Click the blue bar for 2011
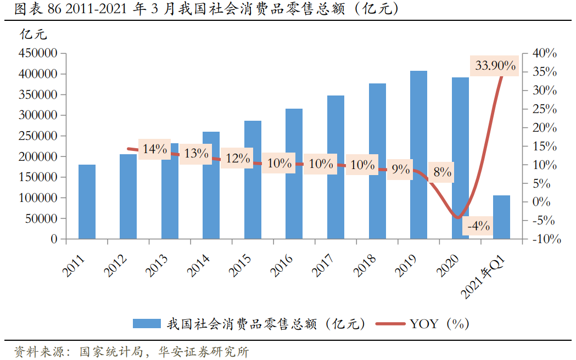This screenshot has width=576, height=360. pos(87,201)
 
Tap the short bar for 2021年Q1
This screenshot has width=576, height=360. pos(501,217)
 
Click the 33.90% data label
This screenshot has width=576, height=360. pos(495,66)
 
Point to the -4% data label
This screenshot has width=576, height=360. pos(478,226)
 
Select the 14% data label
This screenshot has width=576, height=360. pos(154,149)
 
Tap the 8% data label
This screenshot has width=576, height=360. pos(442,172)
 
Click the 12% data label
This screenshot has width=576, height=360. pos(238,159)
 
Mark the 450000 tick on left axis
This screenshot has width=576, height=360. pos(38,53)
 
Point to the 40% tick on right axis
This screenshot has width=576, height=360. pos(545,53)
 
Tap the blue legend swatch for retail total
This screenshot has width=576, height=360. pos(147,324)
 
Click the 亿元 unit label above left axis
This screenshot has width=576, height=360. pos(33,35)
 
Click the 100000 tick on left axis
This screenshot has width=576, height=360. pos(38,198)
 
